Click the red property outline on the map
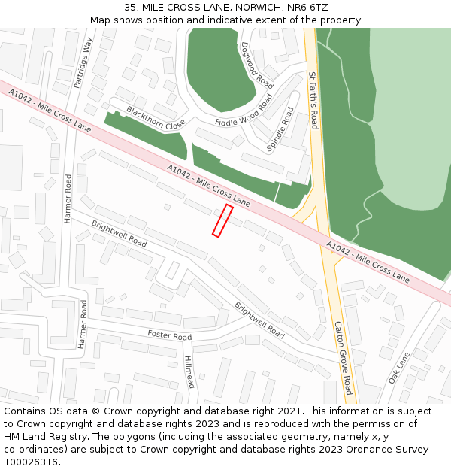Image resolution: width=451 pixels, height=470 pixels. (x=222, y=220)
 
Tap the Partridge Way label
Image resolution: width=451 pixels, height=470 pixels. (x=83, y=62)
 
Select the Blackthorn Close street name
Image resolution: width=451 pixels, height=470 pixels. (x=156, y=118)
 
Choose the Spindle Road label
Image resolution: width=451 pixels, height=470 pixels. (x=280, y=129)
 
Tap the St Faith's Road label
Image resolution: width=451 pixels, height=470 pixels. (x=314, y=100)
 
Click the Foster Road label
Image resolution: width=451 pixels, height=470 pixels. (x=169, y=335)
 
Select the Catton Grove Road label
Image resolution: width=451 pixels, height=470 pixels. (x=343, y=358)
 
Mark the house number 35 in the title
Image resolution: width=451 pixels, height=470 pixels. (x=130, y=7)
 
